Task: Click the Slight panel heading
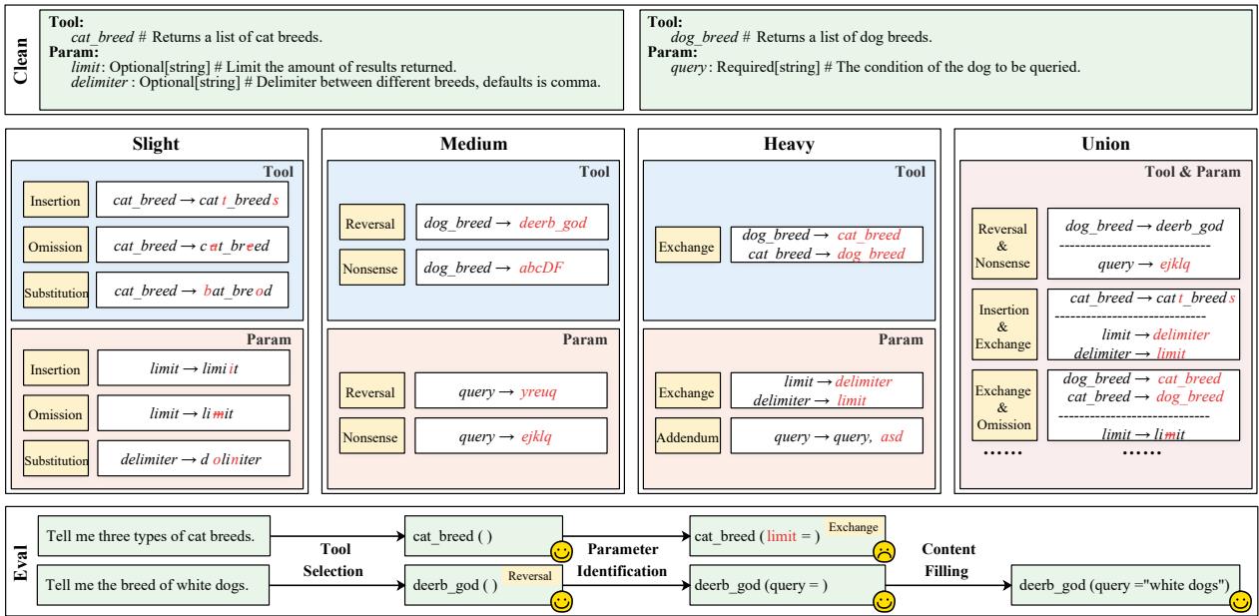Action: pyautogui.click(x=156, y=144)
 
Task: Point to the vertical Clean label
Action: pyautogui.click(x=18, y=57)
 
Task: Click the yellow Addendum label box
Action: pyautogui.click(x=688, y=436)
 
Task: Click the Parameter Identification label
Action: pyautogui.click(x=626, y=560)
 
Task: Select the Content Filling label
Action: pyautogui.click(x=948, y=560)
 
